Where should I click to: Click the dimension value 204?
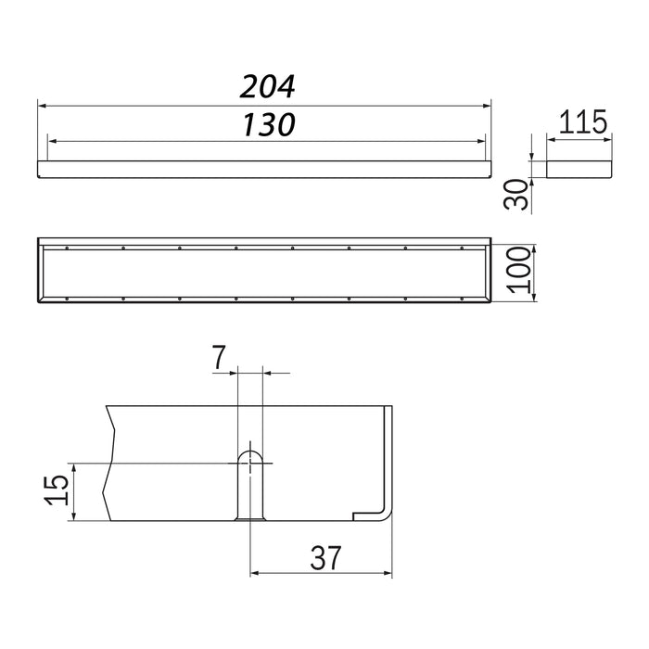267,87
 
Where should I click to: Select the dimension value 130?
269,124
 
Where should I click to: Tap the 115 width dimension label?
583,121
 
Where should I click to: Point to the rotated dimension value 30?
516,194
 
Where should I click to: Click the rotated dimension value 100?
519,270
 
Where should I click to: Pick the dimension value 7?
219,358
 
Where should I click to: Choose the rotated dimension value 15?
57,490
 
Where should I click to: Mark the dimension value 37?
325,558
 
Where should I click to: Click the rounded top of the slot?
250,453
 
